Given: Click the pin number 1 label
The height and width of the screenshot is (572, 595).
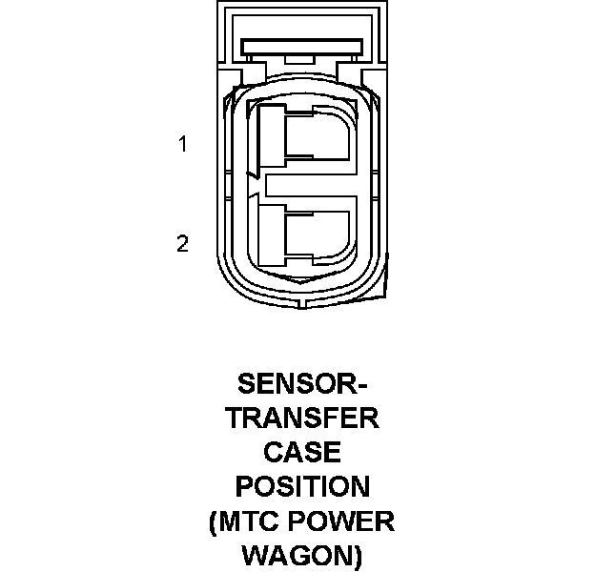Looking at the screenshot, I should [181, 145].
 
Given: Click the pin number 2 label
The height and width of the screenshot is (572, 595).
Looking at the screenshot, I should [182, 244].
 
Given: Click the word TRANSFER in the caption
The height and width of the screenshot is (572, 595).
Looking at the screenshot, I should [301, 418].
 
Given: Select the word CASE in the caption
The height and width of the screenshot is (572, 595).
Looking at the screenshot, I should [301, 452].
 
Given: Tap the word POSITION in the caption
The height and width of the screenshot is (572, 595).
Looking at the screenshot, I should [301, 486].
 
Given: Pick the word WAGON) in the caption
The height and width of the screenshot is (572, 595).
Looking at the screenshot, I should [301, 555].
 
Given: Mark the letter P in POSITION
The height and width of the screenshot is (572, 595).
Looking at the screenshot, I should [244, 486].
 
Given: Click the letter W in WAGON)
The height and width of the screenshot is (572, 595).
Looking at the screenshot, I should [254, 555].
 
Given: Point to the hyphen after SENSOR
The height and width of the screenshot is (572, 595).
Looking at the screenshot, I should [360, 385].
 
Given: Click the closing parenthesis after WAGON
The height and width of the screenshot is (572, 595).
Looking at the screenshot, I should [358, 556].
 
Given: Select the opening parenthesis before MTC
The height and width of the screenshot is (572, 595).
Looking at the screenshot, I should [213, 521].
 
